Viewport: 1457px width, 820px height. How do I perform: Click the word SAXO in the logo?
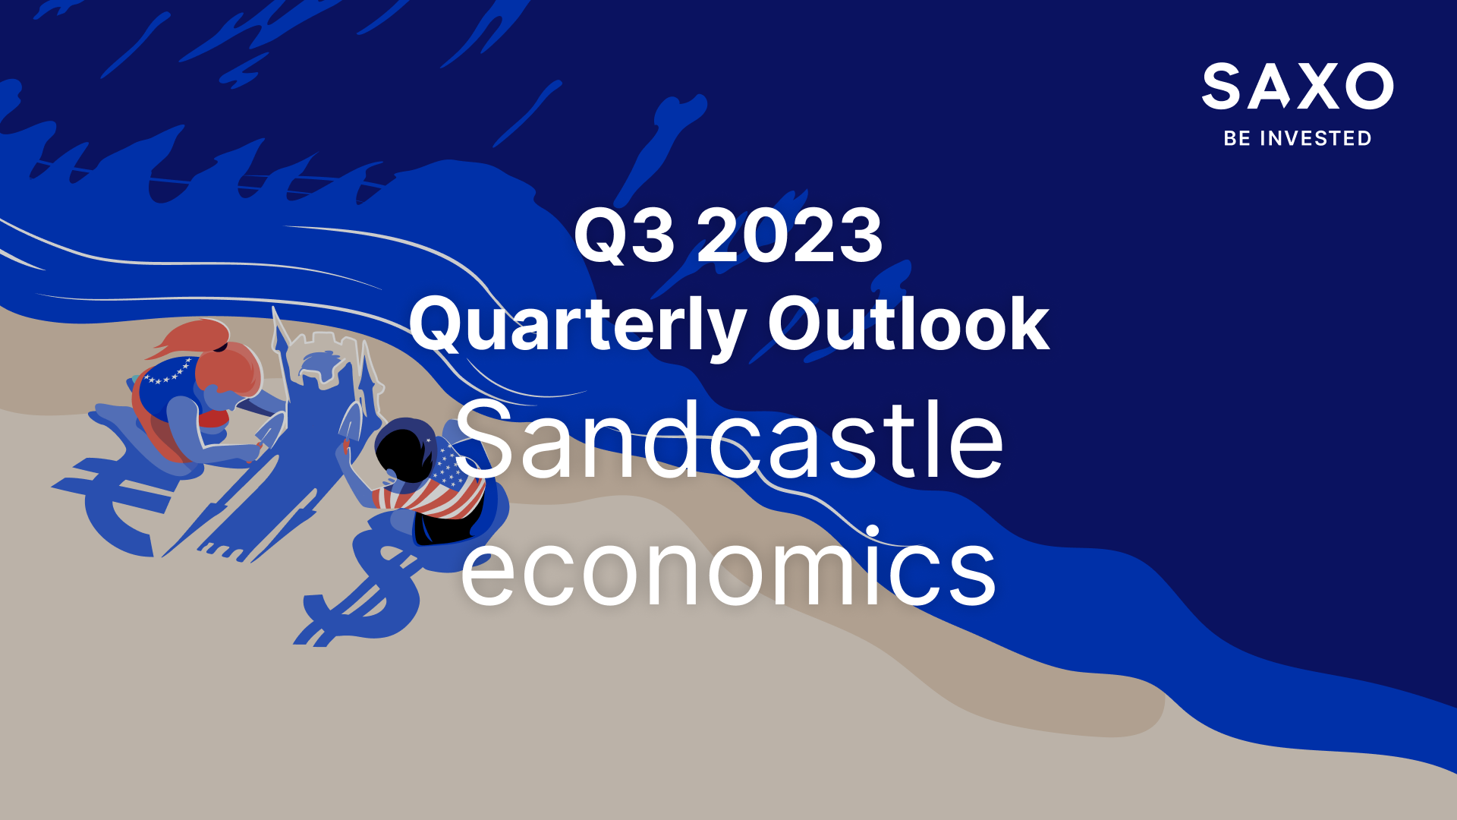click(x=1298, y=87)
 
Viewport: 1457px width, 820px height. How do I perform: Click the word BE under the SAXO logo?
click(x=1237, y=138)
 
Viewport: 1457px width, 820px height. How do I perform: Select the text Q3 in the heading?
click(x=624, y=235)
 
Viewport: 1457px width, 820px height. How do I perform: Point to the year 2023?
click(x=790, y=235)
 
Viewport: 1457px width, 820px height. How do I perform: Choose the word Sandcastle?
click(x=729, y=440)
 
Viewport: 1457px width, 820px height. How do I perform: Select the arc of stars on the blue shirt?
click(x=168, y=373)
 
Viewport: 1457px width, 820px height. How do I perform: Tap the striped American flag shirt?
click(x=436, y=486)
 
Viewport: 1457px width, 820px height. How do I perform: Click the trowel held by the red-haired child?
click(x=269, y=433)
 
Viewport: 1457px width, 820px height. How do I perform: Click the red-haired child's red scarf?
click(x=214, y=418)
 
